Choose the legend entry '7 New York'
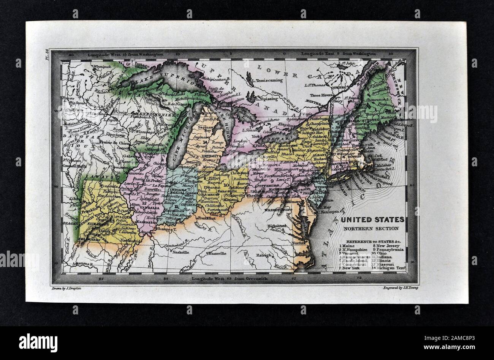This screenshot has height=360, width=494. (353, 268)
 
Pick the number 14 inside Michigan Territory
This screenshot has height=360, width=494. (205, 142)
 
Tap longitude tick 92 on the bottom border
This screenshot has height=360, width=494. (101, 279)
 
